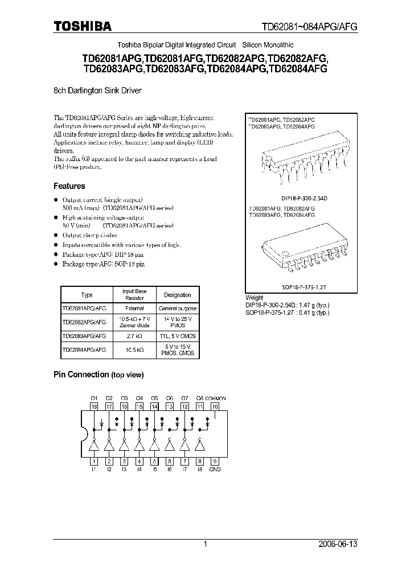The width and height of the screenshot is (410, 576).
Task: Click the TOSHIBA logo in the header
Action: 83,26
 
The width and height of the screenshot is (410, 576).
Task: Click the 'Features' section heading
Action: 69,186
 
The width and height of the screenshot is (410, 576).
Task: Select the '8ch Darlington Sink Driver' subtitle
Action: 97,90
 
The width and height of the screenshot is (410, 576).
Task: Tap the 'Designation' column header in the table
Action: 177,295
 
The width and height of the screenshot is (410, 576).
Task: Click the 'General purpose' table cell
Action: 177,308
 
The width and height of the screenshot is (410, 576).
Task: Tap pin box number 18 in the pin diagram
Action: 95,407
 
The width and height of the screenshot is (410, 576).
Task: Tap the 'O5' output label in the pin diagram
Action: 154,398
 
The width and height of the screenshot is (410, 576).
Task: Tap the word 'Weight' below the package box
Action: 254,298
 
